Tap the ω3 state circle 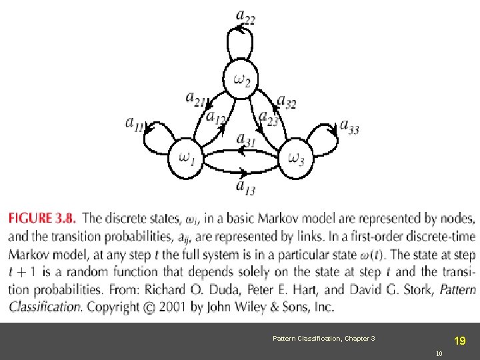click(296, 158)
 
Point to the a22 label click(245, 15)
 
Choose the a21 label click(195, 99)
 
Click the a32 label click(287, 101)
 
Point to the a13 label click(245, 187)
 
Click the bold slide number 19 click(459, 341)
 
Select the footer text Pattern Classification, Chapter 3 click(323, 339)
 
